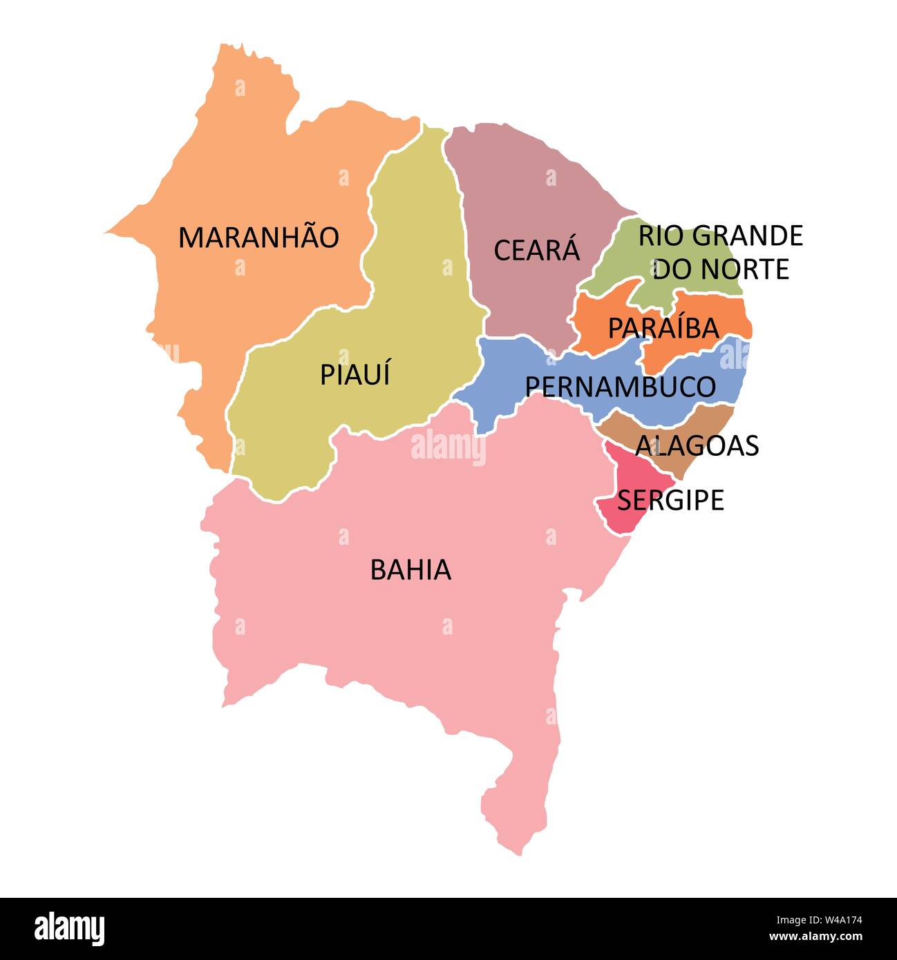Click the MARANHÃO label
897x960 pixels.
258,238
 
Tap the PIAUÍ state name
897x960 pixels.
355,374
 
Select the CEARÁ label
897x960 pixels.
536,250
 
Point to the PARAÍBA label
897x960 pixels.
663,328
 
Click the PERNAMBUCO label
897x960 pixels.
620,387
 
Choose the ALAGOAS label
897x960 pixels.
697,445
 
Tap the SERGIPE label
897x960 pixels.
670,499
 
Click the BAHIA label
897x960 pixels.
410,570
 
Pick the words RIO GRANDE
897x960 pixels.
720,236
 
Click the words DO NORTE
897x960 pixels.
721,269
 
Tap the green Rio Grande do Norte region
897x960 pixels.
622,266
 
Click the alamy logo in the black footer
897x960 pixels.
70,928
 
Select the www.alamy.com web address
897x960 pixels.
815,937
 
